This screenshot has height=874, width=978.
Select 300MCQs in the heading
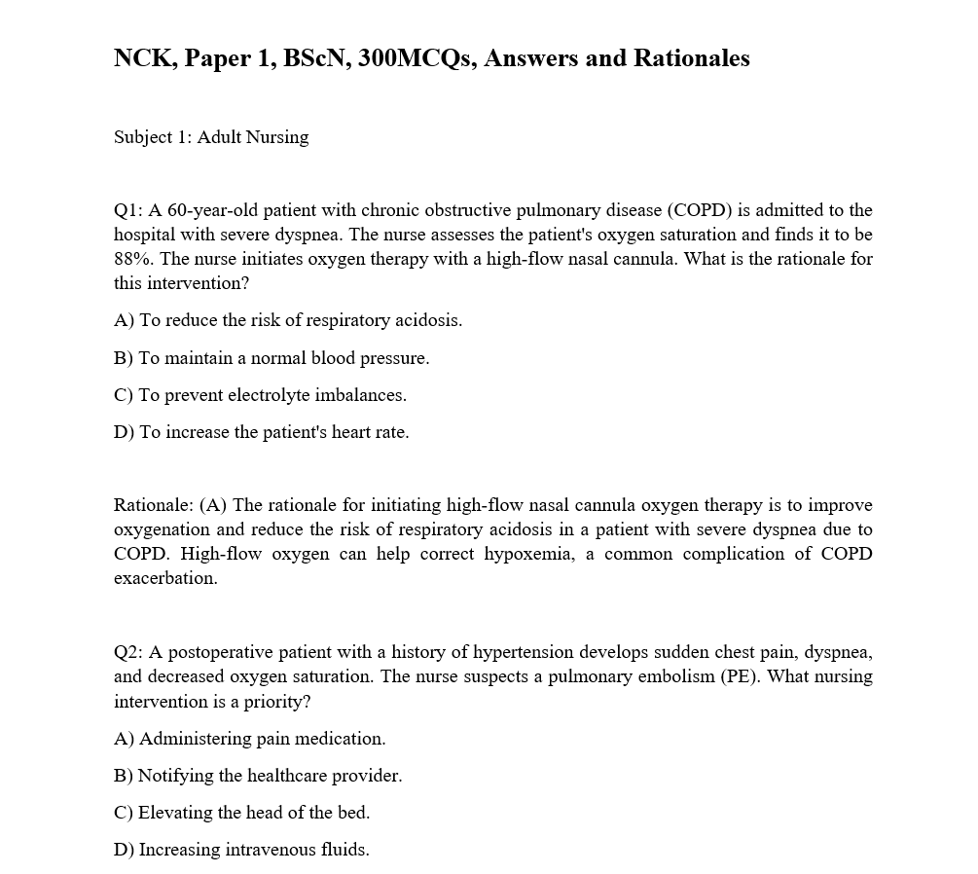(x=416, y=58)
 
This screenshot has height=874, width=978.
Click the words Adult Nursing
(x=253, y=137)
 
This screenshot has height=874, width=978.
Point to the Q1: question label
(x=128, y=210)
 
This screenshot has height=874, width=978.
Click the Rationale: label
(x=153, y=505)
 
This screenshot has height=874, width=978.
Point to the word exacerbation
(x=165, y=578)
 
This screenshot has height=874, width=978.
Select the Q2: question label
(x=128, y=652)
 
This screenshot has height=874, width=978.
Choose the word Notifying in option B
(x=176, y=776)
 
